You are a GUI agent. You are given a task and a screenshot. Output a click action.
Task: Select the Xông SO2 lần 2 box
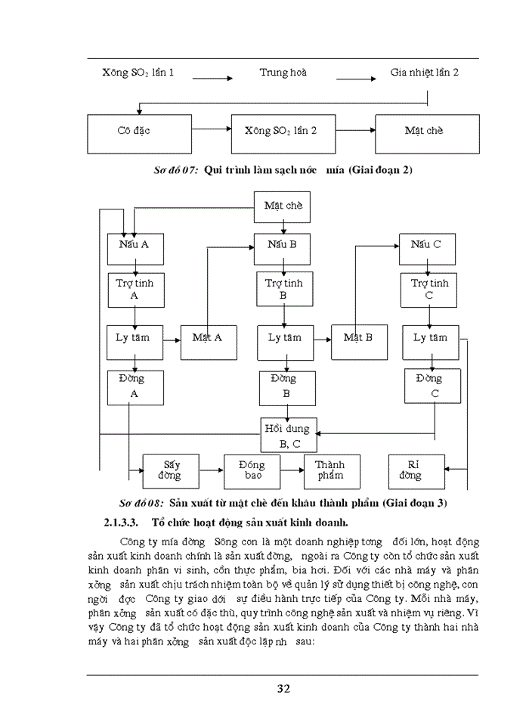281,134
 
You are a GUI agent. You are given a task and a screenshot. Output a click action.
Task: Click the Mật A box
208,343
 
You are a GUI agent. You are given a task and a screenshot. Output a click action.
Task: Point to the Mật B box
358,343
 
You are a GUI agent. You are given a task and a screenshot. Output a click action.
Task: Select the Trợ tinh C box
429,290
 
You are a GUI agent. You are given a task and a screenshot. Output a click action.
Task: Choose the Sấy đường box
170,471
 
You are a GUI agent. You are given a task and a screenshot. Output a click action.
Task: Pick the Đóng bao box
251,471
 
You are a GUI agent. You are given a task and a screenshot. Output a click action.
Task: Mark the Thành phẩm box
331,471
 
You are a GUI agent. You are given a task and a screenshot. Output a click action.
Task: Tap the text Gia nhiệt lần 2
424,73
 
